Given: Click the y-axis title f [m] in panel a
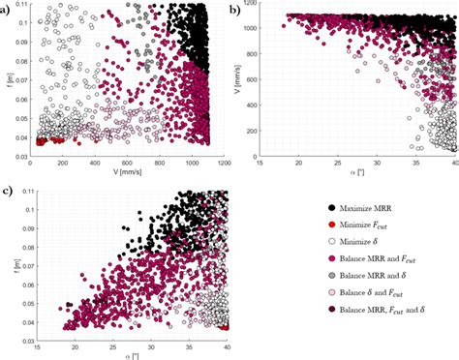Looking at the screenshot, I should [7, 81].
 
